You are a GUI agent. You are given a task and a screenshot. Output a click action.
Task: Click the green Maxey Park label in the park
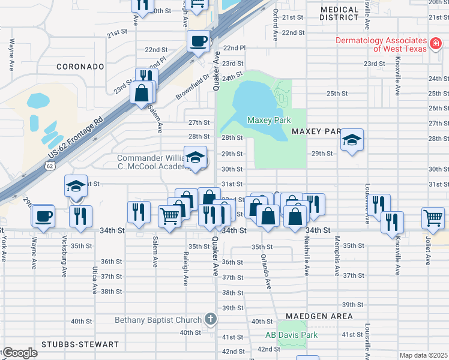269,121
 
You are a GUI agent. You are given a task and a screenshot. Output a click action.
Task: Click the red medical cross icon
435,44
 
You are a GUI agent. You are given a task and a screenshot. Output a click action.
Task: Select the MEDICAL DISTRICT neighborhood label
348,13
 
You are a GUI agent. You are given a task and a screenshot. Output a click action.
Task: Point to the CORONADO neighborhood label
80,67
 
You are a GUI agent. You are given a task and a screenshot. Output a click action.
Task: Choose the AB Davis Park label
292,335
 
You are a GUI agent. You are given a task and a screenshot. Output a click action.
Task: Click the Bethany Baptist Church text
158,320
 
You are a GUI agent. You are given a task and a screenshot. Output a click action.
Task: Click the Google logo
19,353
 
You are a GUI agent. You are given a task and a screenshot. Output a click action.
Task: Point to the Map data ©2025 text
423,355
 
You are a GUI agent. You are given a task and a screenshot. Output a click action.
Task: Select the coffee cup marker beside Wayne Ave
43,216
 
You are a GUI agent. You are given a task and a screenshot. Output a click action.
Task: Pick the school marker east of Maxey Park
352,141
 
